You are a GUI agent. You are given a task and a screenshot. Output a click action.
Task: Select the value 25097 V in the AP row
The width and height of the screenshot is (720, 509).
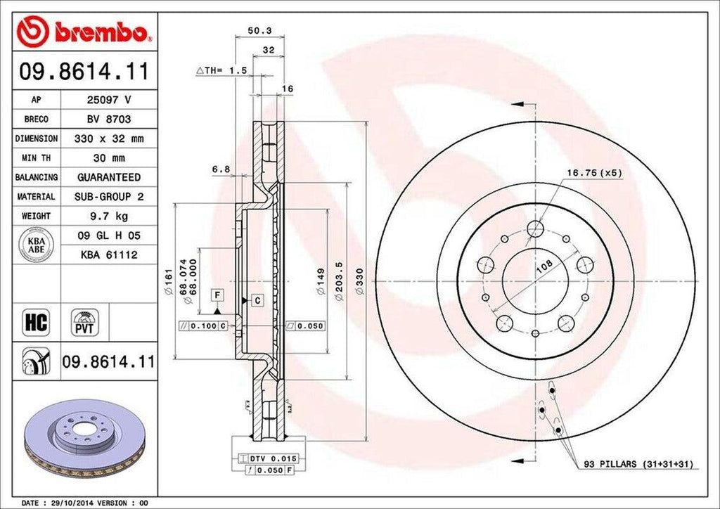[108, 101]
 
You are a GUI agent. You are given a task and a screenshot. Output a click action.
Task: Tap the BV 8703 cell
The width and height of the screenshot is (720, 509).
[108, 120]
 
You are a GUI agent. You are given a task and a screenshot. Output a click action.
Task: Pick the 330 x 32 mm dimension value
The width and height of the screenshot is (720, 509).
[108, 139]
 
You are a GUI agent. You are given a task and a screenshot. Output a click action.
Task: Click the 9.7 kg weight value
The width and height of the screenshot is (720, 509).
[108, 216]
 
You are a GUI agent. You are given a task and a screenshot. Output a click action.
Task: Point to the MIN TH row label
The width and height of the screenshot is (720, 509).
[36, 158]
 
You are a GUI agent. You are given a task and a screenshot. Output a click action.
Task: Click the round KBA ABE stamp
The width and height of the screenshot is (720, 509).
[36, 245]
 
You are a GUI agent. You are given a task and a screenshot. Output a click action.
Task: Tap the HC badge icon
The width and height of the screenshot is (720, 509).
[36, 323]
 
